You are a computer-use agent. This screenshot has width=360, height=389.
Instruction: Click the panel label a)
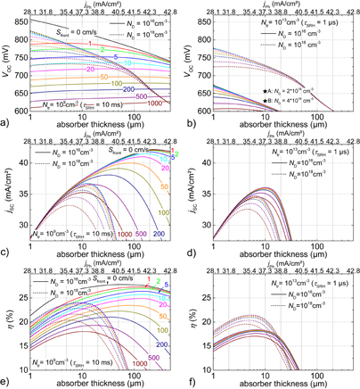coord(7,120)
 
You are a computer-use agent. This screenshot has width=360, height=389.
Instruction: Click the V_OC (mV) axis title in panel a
coord(7,61)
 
